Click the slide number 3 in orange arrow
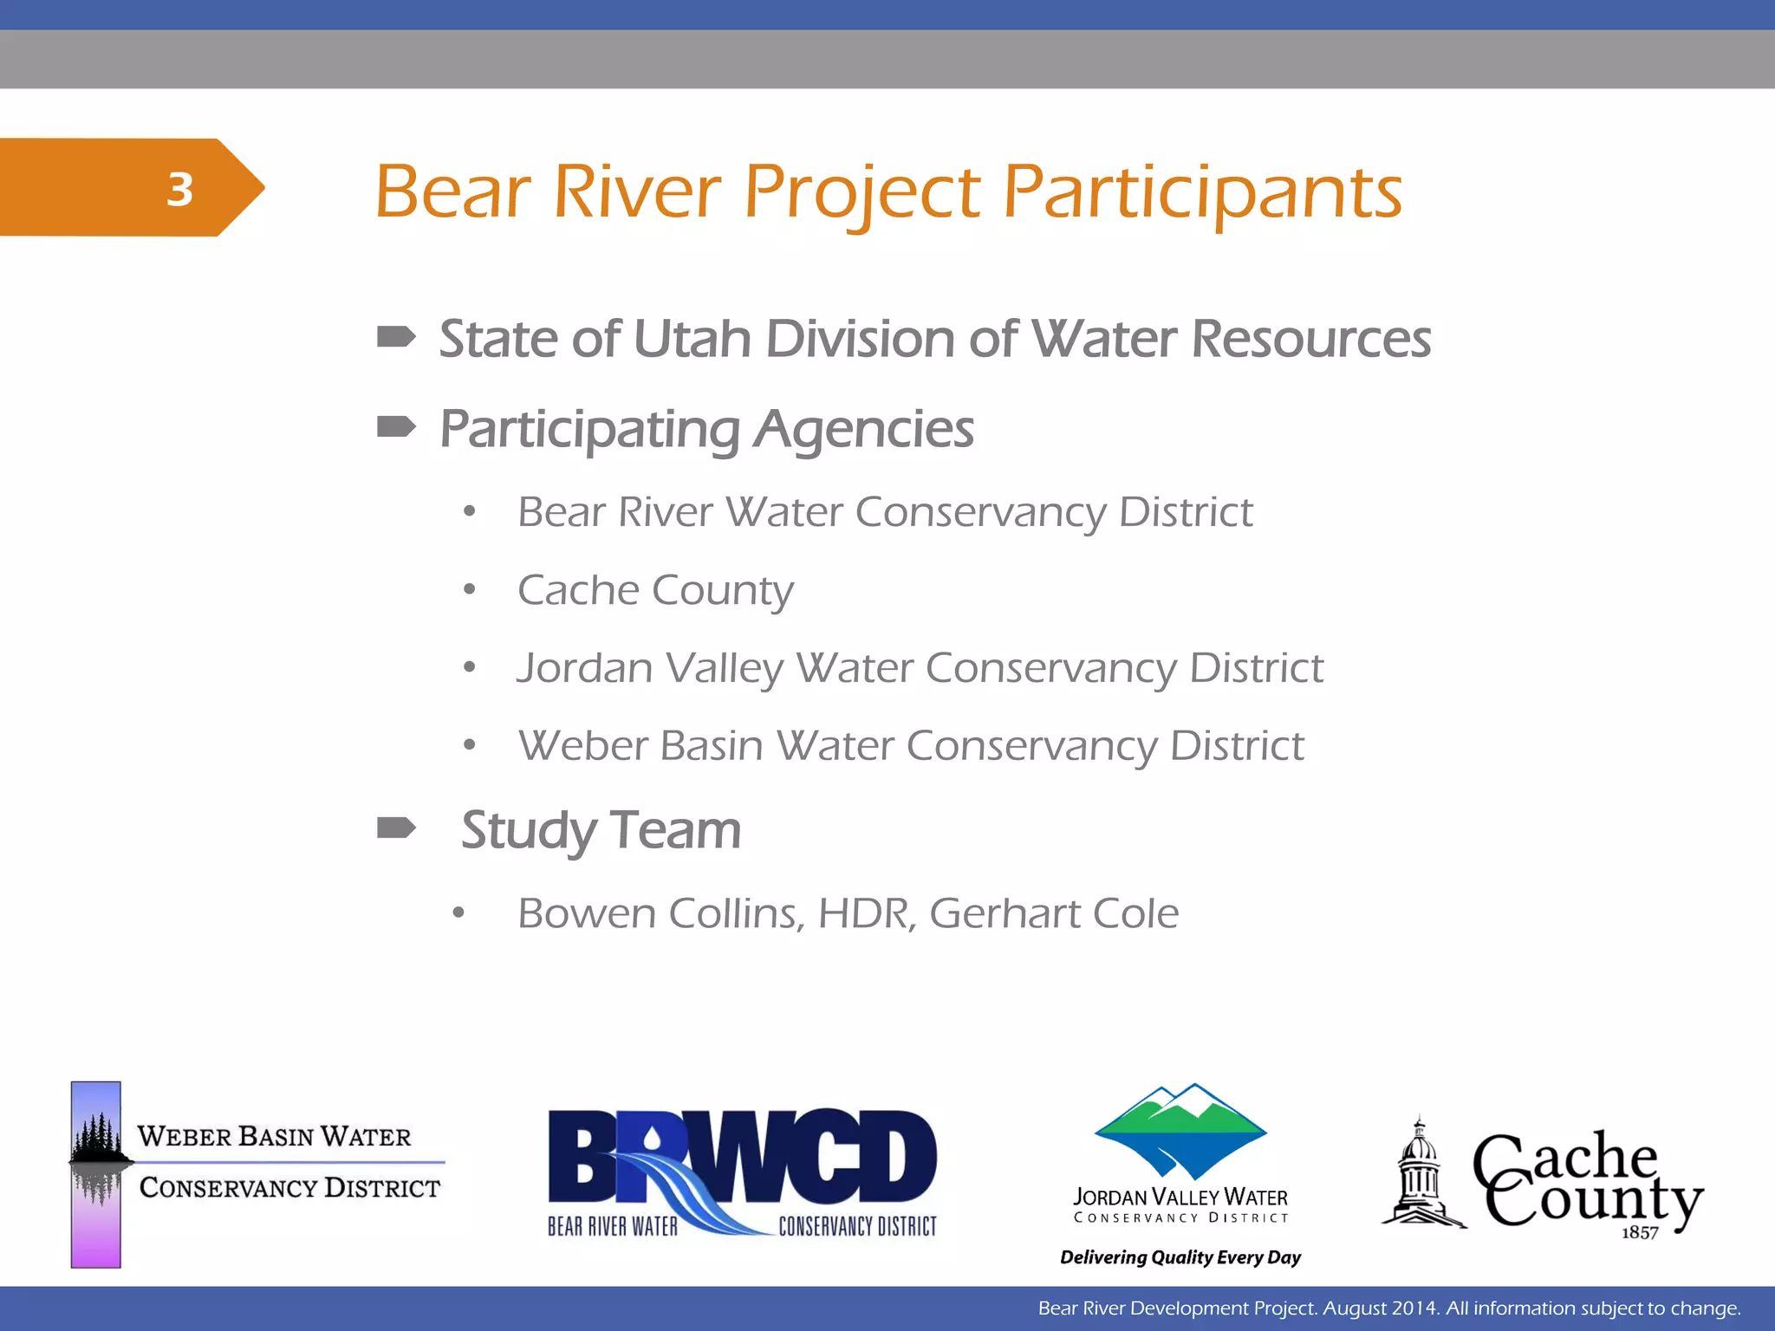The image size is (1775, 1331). coord(179,189)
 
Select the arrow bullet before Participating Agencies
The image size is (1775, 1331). coord(396,426)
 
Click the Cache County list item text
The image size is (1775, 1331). coord(655,590)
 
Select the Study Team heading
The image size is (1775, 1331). coord(601,829)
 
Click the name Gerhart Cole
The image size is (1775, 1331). coord(1054,913)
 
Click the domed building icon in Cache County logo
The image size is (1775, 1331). coord(1419,1174)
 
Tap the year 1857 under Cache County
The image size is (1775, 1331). coord(1640,1232)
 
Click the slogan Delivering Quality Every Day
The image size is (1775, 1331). coord(1180,1257)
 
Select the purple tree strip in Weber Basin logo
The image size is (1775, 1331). coord(95,1174)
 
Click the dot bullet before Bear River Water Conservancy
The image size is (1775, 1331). coord(469,512)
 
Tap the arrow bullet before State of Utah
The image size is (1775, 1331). coord(396,336)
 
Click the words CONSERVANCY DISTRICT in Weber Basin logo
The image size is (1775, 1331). coord(289,1187)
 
